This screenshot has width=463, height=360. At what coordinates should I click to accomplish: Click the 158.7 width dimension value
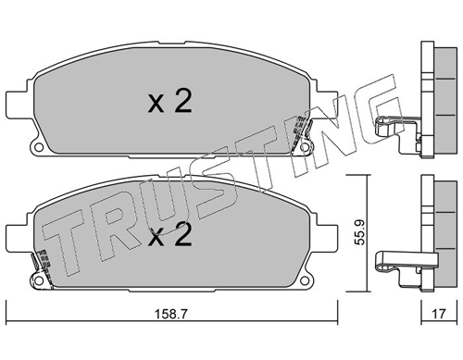point(170,315)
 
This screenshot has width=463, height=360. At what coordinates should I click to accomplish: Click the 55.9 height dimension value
point(359,232)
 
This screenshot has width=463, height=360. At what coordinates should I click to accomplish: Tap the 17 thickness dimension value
point(439,314)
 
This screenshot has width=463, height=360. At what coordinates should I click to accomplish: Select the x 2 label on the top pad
point(170,101)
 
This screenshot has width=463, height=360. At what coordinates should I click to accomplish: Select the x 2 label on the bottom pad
point(170,235)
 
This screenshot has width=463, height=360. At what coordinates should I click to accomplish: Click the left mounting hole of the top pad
point(39,147)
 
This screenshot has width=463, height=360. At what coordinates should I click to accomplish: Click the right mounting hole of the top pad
point(305,147)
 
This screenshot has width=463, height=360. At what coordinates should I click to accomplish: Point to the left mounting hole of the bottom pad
point(39,280)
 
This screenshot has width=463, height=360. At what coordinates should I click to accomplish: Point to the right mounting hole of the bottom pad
point(305,280)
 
